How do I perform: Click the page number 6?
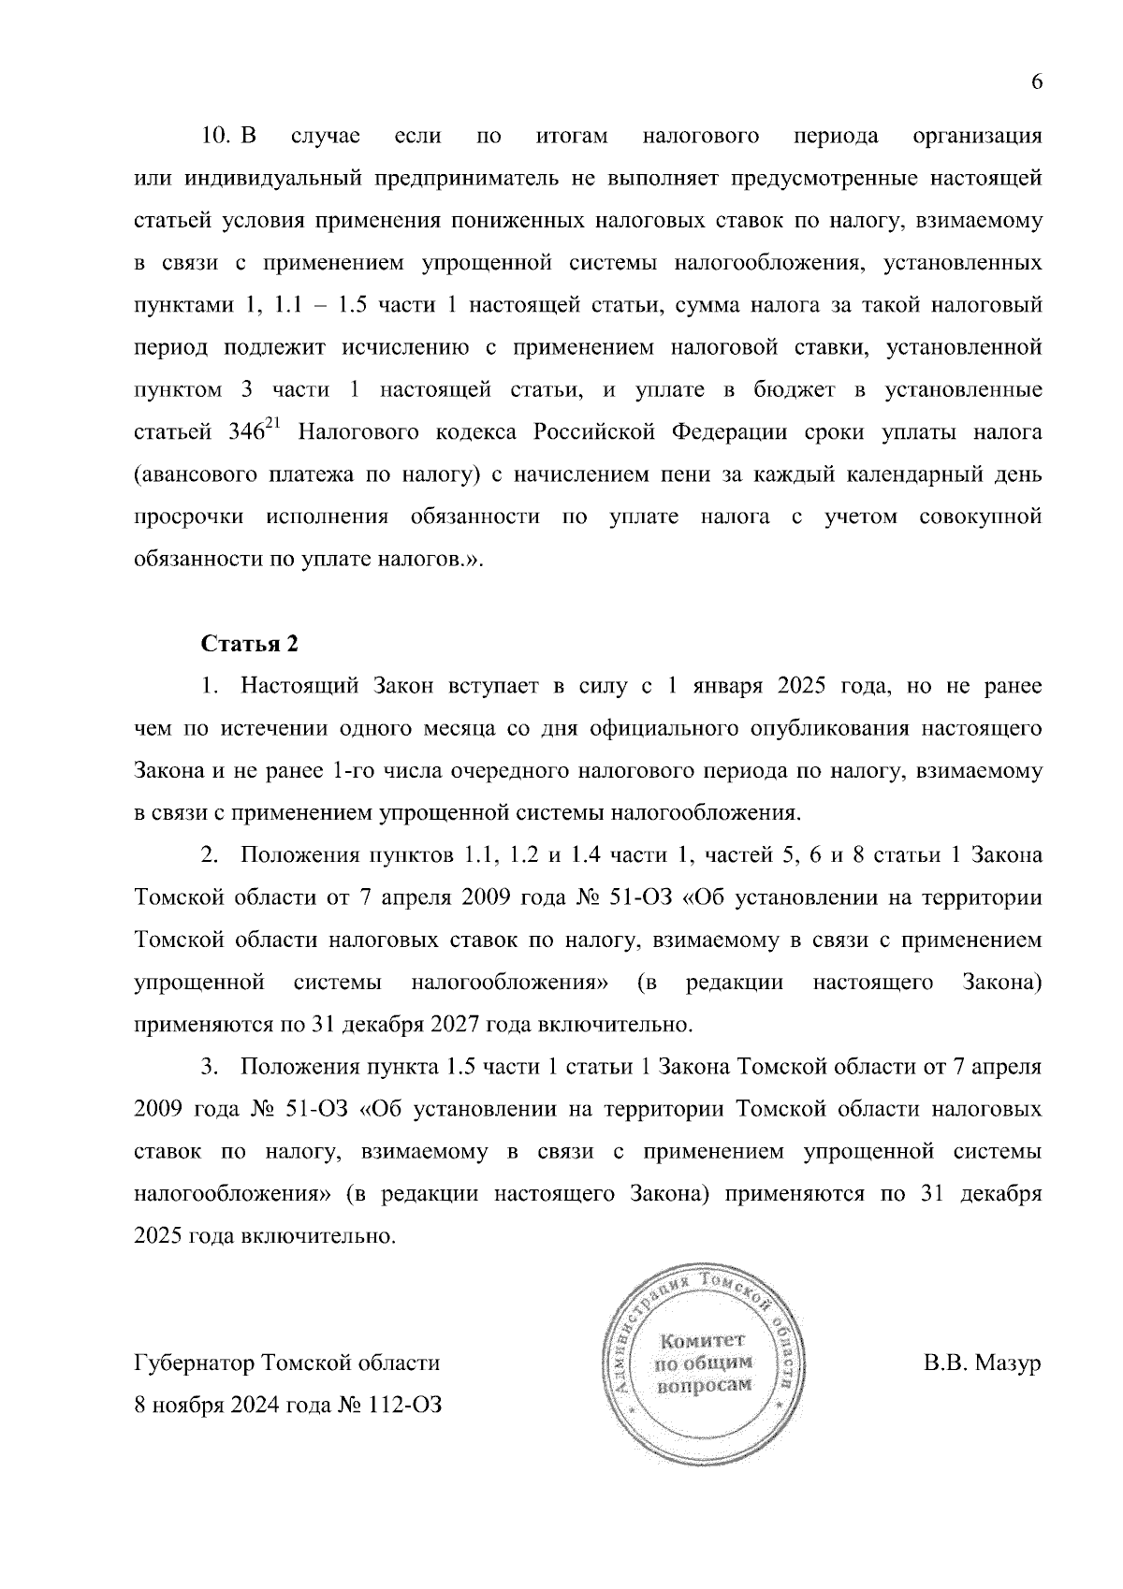1036,82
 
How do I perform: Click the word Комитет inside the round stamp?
701,1339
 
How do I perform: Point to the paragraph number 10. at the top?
216,136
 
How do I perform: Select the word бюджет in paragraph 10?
798,389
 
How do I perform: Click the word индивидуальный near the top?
270,178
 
